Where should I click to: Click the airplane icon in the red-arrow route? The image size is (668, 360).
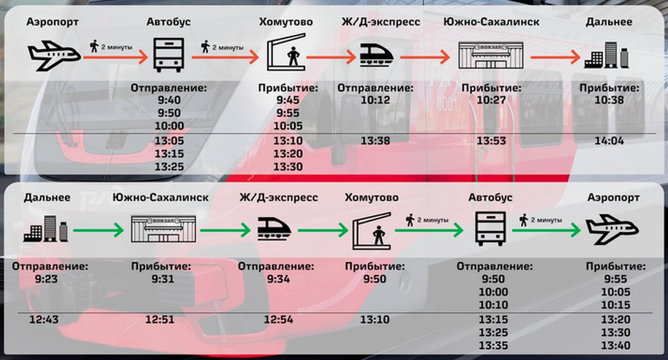pos(53,53)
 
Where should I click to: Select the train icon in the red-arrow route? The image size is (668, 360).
pos(376,54)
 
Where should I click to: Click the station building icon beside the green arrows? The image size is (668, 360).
pos(163,228)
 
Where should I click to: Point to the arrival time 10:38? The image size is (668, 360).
pos(609,100)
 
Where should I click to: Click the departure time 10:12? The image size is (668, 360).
pos(375,100)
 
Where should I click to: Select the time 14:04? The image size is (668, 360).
pos(609,140)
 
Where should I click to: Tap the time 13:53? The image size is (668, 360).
pos(491,140)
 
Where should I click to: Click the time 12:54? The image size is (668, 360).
pos(278,319)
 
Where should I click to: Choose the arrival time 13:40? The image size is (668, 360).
pos(615,345)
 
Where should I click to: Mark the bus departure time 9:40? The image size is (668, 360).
pos(168,100)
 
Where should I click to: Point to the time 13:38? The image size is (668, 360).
pos(375,140)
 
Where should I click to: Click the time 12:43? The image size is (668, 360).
pos(45,319)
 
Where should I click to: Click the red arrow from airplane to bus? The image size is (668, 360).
pos(116,56)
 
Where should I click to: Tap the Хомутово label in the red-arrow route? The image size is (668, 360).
pos(285,22)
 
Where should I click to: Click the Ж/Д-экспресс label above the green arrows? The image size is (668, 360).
pos(279,198)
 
